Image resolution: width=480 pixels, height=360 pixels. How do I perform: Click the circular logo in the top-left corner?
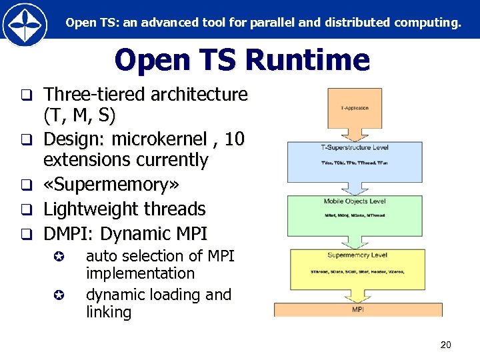click(25, 25)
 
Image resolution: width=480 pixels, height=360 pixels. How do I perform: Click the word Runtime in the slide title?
click(307, 60)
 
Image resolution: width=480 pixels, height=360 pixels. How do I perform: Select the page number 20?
click(446, 345)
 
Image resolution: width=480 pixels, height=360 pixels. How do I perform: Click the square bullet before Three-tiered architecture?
click(26, 95)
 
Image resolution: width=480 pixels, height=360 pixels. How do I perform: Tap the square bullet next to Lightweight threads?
click(26, 209)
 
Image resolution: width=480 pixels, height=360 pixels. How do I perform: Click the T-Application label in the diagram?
click(354, 108)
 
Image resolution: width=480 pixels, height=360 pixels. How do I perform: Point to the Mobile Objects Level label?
click(354, 201)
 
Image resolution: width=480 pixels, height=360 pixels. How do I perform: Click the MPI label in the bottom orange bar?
click(358, 310)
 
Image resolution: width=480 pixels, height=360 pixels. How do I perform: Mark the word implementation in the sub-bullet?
click(140, 274)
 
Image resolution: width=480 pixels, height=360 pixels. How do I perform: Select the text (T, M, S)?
click(79, 117)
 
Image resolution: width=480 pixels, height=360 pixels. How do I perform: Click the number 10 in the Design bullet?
click(234, 139)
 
